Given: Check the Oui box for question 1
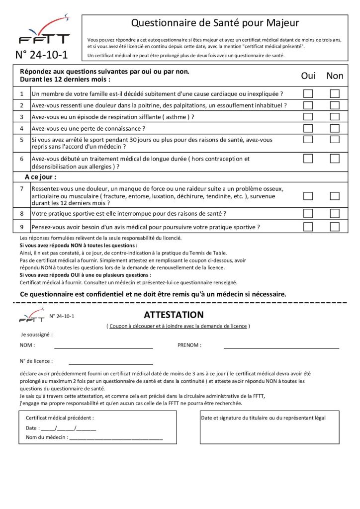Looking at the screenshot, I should (x=308, y=93).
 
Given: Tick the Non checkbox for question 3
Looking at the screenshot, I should (x=335, y=117).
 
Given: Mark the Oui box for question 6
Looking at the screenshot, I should (x=308, y=159).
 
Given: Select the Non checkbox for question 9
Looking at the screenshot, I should (x=335, y=227).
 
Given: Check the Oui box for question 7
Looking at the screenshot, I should (x=308, y=196).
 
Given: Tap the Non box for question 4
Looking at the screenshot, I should (x=335, y=128).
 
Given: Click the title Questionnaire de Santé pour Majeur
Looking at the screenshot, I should (x=215, y=23).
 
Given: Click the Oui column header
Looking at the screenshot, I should (x=308, y=76).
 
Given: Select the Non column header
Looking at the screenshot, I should (x=335, y=76).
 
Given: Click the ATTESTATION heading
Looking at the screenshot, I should (x=174, y=315).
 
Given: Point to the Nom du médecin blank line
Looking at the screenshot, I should (x=116, y=438).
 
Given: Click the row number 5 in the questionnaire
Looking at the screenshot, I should (x=22, y=140).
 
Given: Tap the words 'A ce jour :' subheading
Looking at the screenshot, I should (x=41, y=176).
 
